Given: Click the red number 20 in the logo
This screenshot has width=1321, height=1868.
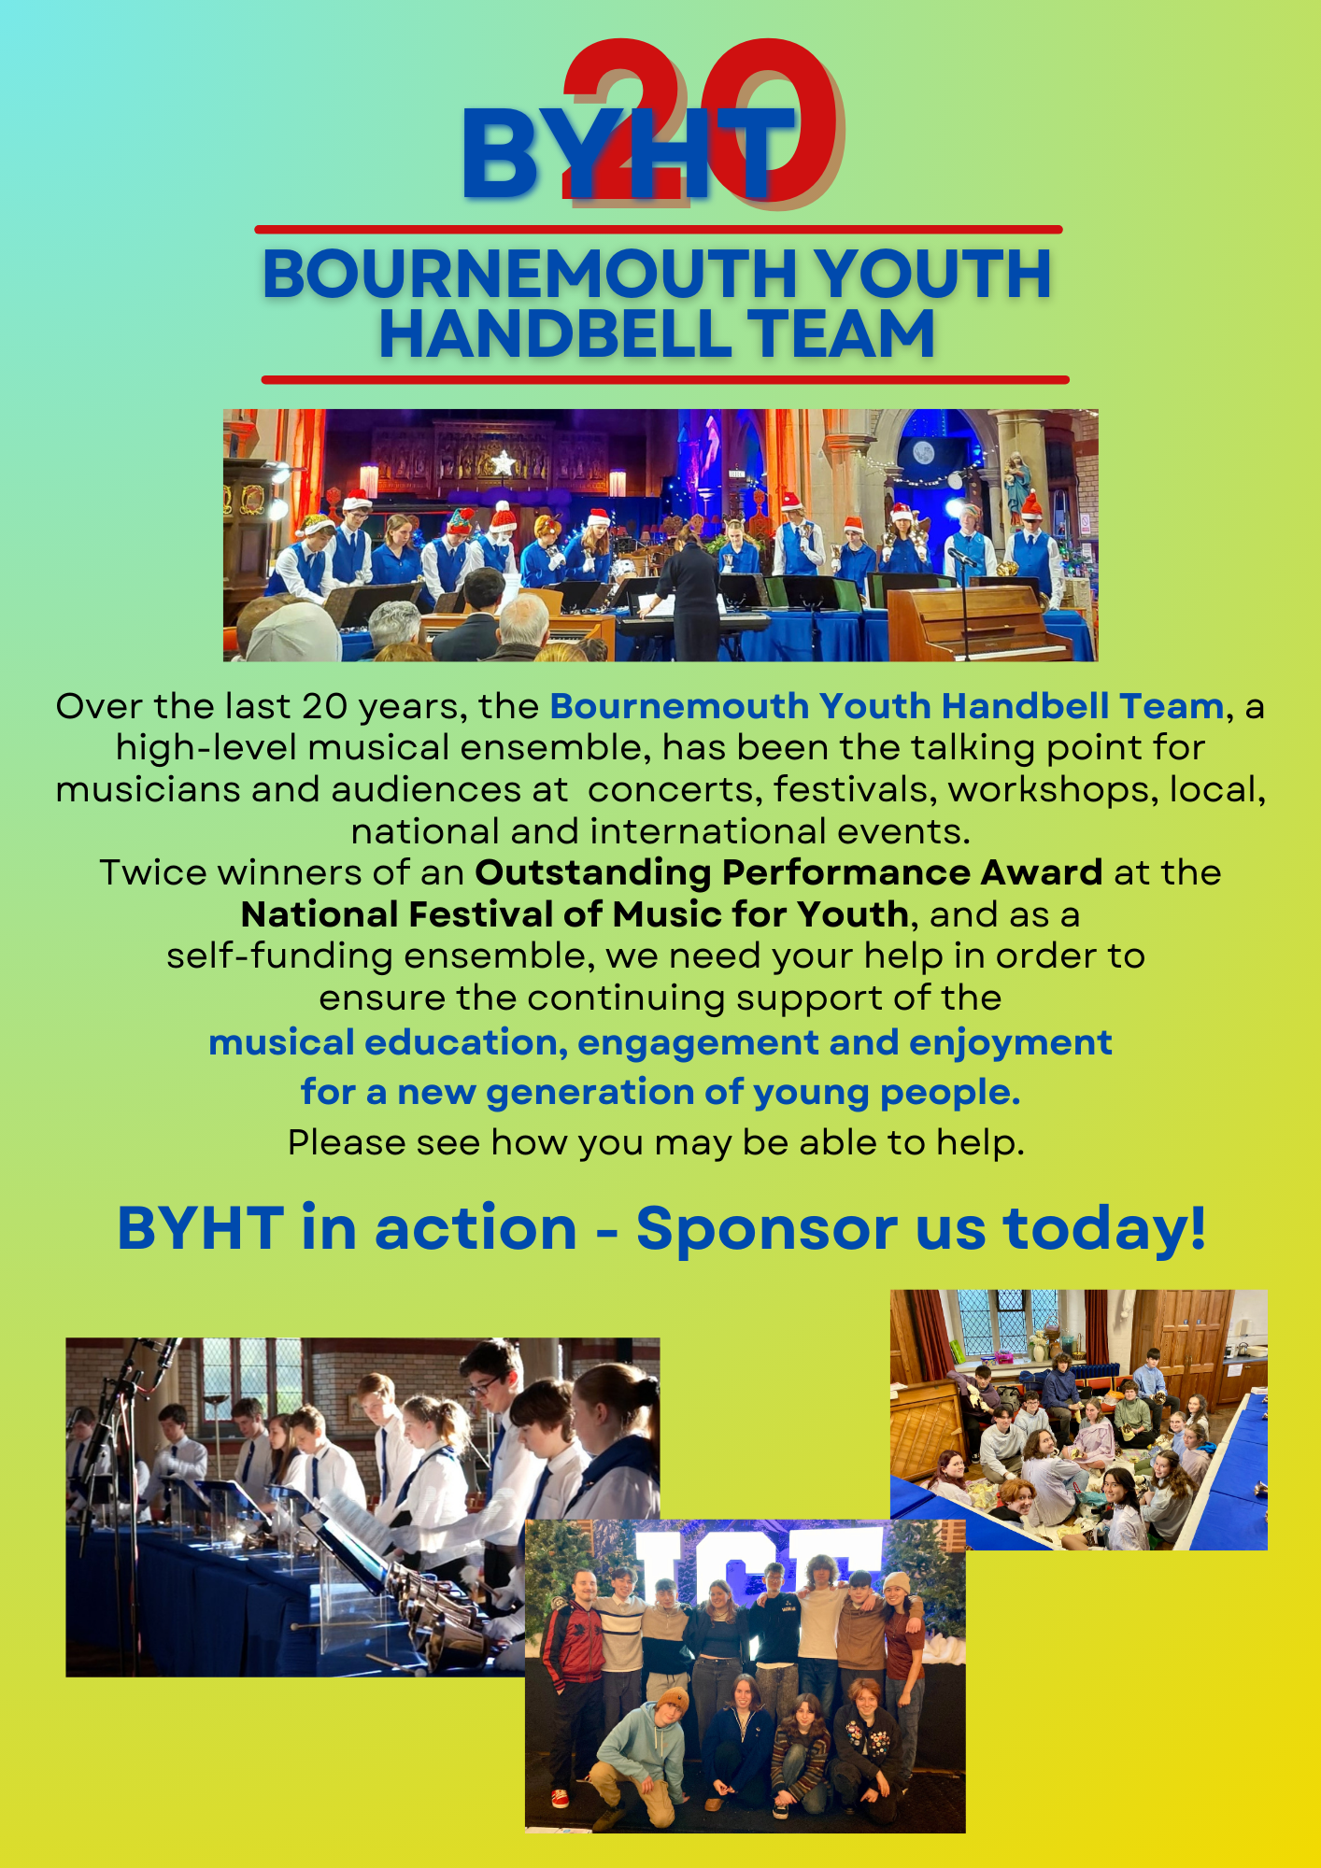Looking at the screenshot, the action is coord(701,121).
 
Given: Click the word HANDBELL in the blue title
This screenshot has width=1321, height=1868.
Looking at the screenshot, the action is coord(555,334).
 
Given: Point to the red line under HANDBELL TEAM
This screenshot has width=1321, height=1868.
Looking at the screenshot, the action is coord(665,379).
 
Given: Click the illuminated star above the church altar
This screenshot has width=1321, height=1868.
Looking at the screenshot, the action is coord(503,462).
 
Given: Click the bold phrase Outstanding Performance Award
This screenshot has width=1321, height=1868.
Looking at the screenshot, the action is coord(789,872).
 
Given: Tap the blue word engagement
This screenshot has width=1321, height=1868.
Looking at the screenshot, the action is coord(698,1043).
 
